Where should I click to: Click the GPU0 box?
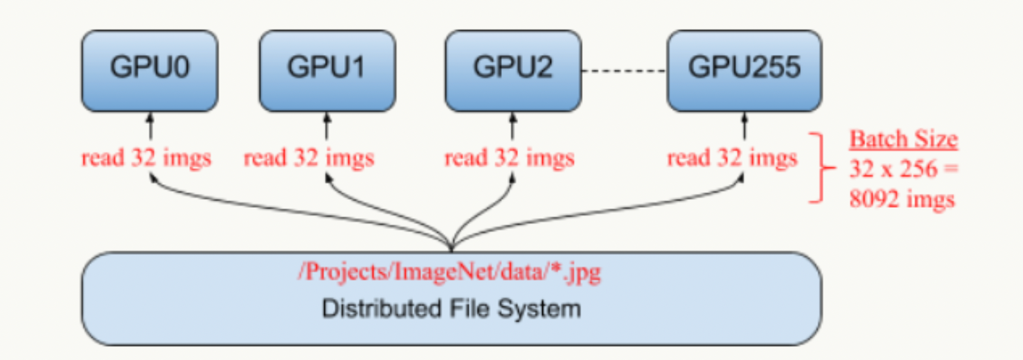[x=150, y=71]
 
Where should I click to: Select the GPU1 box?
[x=327, y=71]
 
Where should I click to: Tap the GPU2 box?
[x=513, y=71]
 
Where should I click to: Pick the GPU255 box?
[x=744, y=71]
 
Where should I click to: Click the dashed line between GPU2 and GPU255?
[x=624, y=71]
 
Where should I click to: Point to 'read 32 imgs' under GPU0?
[x=146, y=158]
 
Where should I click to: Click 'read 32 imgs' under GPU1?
[x=309, y=158]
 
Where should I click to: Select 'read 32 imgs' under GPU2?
[x=509, y=158]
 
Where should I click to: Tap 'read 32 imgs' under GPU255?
[x=732, y=158]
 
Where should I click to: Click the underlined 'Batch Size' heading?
[x=903, y=140]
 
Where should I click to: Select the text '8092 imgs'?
[x=902, y=199]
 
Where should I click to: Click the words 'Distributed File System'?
[x=451, y=309]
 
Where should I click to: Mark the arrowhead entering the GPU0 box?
[x=150, y=117]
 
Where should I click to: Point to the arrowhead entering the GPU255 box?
[x=744, y=117]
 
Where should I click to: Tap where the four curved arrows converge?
[x=452, y=245]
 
